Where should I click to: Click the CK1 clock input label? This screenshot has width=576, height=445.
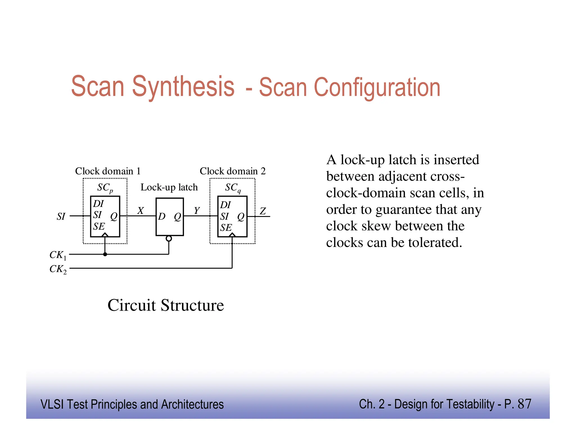point(58,255)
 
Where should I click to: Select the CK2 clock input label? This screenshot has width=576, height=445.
point(58,269)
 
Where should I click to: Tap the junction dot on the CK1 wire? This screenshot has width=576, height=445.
point(105,254)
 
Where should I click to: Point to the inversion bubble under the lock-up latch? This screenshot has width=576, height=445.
point(169,239)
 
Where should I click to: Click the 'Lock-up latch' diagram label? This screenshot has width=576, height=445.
point(169,187)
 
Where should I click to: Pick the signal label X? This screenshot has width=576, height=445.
point(141,211)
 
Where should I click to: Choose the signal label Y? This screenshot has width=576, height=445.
point(197,210)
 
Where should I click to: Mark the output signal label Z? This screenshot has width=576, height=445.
point(263,211)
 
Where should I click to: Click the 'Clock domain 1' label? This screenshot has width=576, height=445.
point(108,171)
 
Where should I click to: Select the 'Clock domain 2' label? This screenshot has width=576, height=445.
point(233,171)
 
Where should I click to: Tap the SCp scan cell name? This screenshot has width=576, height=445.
point(105,188)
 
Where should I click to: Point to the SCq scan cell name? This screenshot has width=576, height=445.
point(233,188)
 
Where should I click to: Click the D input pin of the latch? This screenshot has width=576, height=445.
point(162,216)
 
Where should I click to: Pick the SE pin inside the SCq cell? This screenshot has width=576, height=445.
point(226,228)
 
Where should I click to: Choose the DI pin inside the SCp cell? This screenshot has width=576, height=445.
point(98,203)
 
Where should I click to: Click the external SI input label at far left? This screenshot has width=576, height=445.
point(61,216)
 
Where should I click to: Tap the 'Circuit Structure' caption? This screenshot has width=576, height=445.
point(166,305)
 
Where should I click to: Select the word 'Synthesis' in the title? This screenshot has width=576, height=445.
point(183,86)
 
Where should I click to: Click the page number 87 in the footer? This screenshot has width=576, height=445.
point(524,404)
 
